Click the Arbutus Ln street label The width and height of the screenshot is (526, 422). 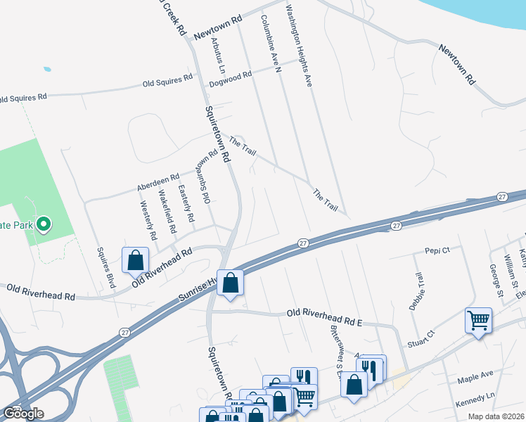(217, 55)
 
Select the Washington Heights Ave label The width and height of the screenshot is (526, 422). (298, 47)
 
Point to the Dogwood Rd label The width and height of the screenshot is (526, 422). (230, 79)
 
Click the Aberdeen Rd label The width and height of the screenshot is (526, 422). (158, 182)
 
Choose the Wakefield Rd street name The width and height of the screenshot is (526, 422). (167, 212)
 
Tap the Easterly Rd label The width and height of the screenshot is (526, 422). (186, 203)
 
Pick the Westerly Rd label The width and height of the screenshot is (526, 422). (148, 216)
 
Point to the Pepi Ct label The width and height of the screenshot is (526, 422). (437, 250)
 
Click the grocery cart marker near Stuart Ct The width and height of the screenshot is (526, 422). (478, 321)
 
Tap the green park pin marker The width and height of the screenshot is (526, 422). (44, 224)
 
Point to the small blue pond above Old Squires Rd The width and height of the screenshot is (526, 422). (46, 70)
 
